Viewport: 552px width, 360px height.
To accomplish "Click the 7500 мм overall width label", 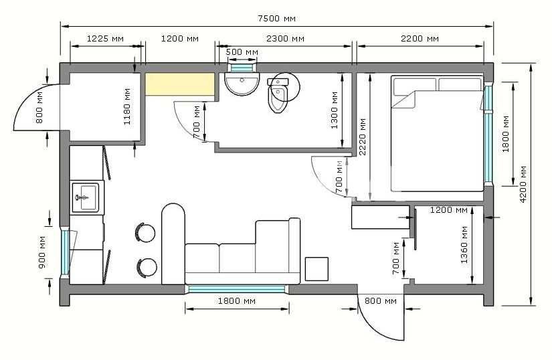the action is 277,18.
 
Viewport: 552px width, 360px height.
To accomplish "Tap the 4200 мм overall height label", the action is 523,184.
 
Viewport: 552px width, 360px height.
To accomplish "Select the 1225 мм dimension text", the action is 105,38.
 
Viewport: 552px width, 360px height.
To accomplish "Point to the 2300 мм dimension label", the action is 285,38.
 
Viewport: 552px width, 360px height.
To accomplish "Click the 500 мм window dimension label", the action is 242,52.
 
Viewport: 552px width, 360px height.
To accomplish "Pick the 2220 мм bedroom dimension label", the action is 362,137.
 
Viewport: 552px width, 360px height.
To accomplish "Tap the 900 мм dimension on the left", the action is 42,252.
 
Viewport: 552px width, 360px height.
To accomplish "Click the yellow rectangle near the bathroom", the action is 180,84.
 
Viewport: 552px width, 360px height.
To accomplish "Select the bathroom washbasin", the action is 242,84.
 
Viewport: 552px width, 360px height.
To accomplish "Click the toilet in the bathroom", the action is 278,95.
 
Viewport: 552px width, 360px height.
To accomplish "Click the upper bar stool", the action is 145,232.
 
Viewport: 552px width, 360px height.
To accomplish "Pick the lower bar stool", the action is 147,268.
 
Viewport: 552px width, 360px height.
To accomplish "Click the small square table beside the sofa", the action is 316,269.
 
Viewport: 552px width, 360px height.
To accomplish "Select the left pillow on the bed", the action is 415,87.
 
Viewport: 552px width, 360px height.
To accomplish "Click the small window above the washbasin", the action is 242,67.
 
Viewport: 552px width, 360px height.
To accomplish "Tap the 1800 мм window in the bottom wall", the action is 237,289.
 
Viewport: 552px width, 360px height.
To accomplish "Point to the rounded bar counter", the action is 173,244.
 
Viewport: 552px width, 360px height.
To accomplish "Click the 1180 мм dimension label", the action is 127,106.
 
